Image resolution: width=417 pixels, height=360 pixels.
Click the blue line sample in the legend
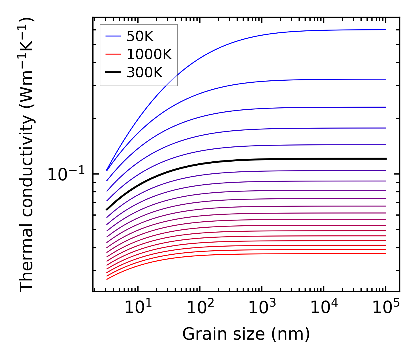pos(113,36)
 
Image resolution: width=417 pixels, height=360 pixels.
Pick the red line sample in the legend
pos(113,54)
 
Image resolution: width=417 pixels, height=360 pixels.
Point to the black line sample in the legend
pos(113,72)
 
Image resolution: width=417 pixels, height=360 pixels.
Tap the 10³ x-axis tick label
pos(262,307)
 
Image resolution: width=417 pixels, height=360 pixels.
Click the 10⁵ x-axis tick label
pos(385,307)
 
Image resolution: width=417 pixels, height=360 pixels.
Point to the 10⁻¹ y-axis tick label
pos(66,174)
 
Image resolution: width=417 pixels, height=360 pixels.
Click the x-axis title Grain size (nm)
pos(246,334)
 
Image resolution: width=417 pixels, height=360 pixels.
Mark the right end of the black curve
pos(386,159)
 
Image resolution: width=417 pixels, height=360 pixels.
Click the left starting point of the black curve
pos(107,210)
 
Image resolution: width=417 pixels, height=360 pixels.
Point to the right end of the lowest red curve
pos(386,253)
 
